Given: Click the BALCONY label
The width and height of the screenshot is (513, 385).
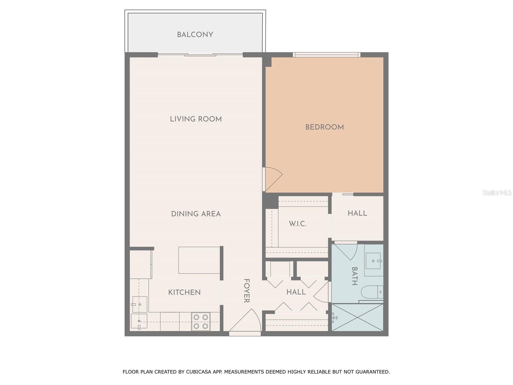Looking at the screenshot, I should tap(195, 35).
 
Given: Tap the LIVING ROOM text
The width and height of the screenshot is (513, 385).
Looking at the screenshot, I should tap(196, 119).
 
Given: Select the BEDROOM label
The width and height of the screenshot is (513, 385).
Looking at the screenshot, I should tap(324, 127).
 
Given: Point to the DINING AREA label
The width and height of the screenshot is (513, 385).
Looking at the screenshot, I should tap(196, 214).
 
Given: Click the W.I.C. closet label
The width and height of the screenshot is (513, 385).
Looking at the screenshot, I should tap(298, 224).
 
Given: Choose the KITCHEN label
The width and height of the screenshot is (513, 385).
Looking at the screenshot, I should tap(184, 292).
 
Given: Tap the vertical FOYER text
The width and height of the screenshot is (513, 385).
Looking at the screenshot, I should tap(246, 291).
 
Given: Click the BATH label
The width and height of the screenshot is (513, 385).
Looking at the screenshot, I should tap(355, 276).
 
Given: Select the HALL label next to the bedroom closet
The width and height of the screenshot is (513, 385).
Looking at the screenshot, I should tap(357, 213).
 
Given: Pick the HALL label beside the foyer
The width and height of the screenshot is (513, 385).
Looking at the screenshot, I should tap(296, 292).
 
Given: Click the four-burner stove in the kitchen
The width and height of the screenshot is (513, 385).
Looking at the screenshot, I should tap(201, 321).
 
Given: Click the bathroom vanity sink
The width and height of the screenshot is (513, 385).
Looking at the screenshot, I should tap(374, 261).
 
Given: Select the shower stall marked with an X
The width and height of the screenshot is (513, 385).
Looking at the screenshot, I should tap(357, 317).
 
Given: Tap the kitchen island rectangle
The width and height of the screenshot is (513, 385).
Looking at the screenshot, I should tap(199, 260).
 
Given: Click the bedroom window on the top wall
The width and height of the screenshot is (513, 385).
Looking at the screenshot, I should tap(326, 55).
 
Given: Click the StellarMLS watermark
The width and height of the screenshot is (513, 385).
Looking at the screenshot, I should tap(497, 193).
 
